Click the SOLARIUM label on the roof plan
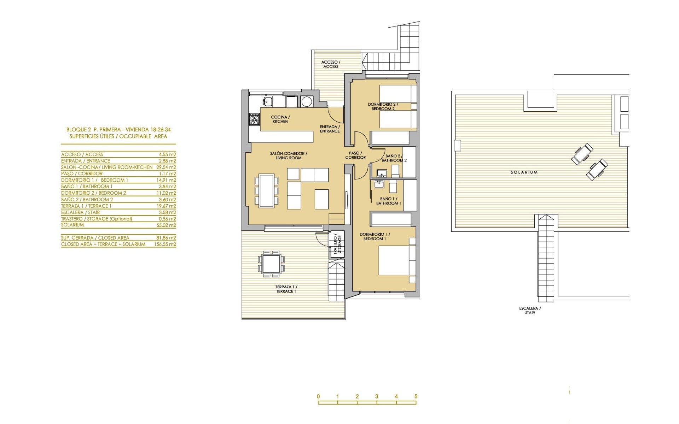(x=524, y=172)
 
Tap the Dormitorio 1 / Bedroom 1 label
(x=375, y=236)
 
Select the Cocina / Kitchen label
(x=280, y=119)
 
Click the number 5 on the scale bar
(x=416, y=396)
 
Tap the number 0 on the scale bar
(x=318, y=396)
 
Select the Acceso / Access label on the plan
(x=331, y=64)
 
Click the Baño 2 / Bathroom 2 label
(x=394, y=158)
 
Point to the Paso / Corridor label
(x=355, y=155)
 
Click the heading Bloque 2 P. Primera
(x=118, y=130)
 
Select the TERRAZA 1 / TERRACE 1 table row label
(x=86, y=206)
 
